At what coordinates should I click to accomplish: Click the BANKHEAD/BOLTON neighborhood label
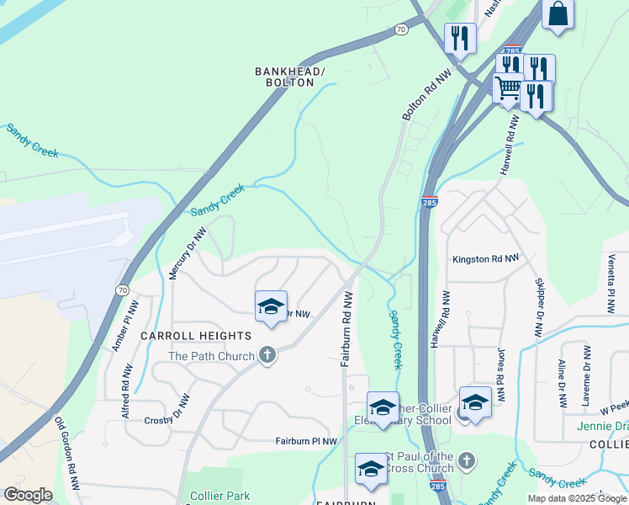click(290, 77)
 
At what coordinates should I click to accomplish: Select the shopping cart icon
click(508, 88)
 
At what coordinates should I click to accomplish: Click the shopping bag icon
click(558, 13)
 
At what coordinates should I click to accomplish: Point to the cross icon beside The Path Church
click(267, 355)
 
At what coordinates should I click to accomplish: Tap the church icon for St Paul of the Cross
click(468, 461)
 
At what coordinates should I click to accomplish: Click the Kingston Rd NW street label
click(485, 259)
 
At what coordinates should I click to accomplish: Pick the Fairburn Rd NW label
click(346, 329)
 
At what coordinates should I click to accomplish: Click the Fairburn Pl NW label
click(307, 440)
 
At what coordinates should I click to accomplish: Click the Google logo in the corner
click(29, 495)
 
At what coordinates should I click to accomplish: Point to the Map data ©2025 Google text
click(577, 498)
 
